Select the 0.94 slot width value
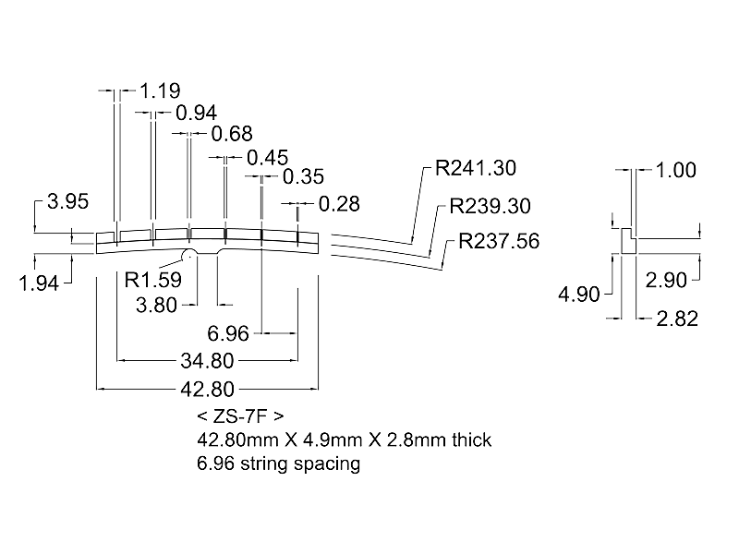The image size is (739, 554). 195,113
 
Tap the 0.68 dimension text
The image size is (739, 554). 231,135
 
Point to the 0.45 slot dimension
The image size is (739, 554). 268,157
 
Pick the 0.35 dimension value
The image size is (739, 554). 304,176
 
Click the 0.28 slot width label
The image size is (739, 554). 339,203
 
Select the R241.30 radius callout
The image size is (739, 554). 476,169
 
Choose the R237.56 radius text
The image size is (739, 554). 500,242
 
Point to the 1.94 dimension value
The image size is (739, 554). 39,283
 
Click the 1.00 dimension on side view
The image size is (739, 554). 675,170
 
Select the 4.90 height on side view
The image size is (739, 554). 579,295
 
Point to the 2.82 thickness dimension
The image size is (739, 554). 676,319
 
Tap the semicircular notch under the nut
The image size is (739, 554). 188,254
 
